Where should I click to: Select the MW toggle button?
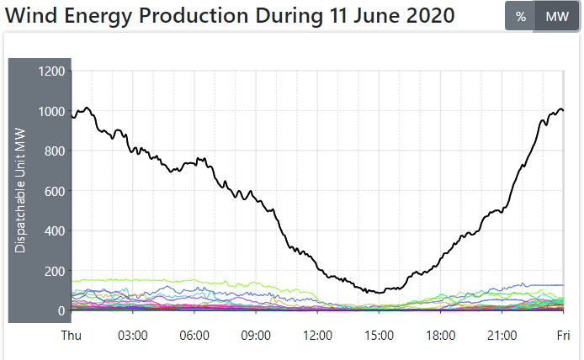(556, 17)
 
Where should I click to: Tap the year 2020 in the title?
(421, 16)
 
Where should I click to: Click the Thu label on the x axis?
(72, 335)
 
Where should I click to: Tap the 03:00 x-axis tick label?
(133, 335)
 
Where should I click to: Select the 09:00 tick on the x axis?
(256, 335)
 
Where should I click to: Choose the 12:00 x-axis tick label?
(317, 335)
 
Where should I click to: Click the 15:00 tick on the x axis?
(379, 335)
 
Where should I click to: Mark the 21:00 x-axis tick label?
(502, 335)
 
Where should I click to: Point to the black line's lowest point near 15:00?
(379, 293)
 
